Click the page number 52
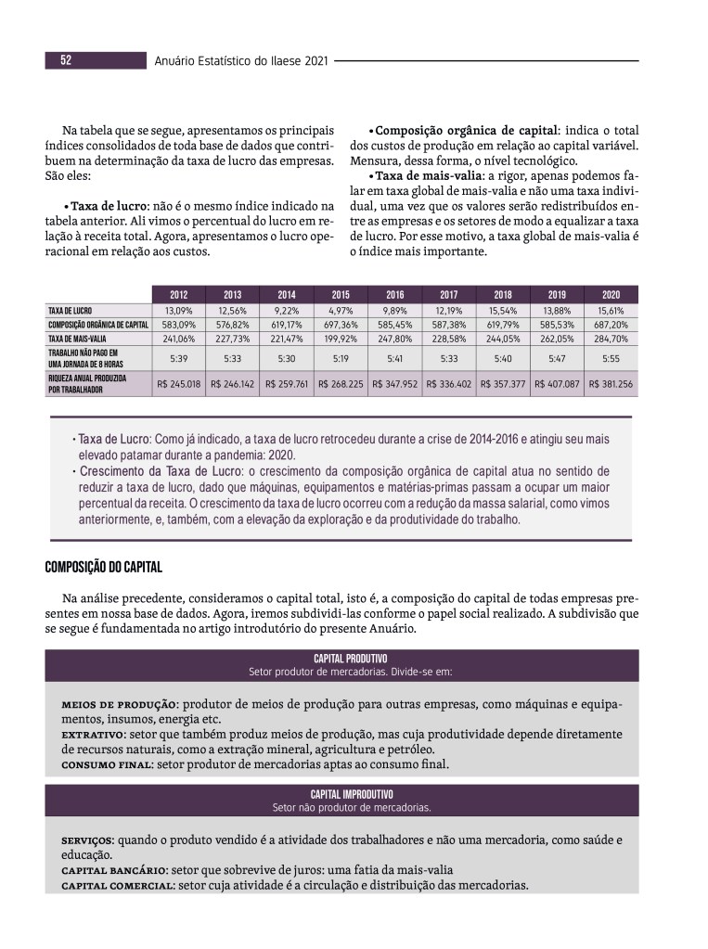[67, 60]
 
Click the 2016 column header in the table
[395, 294]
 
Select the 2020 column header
[611, 294]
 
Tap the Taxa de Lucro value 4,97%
[341, 310]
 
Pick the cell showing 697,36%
[341, 325]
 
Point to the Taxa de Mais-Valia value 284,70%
[611, 339]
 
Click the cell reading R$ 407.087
[557, 383]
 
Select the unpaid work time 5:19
[341, 357]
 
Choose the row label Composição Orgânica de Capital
[97, 325]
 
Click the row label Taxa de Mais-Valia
[76, 339]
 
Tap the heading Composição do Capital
[103, 566]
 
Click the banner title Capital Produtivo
[350, 658]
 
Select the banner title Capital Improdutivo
[351, 794]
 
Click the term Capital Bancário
[113, 870]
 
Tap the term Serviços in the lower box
[87, 840]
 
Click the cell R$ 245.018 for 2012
[179, 383]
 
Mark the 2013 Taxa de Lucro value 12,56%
[233, 310]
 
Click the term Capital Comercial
[118, 885]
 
